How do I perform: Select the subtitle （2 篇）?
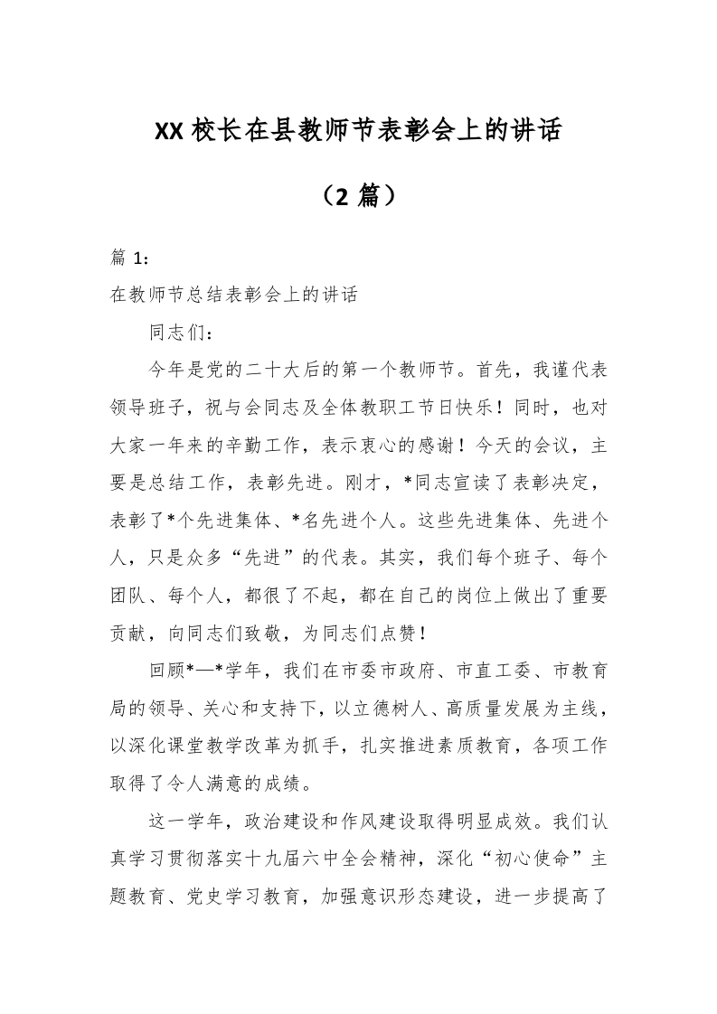click(358, 194)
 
